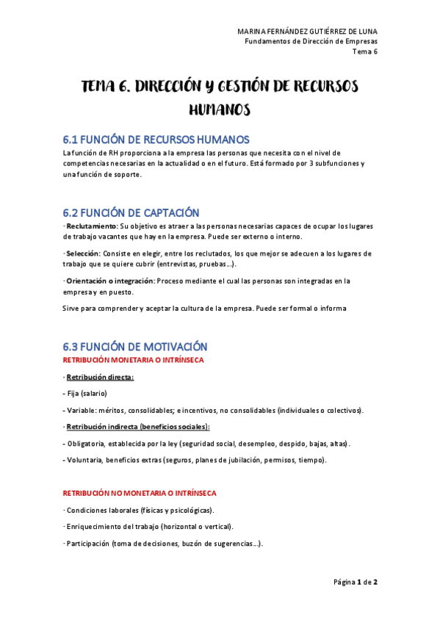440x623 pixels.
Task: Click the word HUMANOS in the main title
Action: point(220,109)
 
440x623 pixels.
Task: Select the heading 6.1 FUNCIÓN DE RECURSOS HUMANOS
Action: point(156,140)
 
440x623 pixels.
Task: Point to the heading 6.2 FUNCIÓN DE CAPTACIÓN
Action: point(131,213)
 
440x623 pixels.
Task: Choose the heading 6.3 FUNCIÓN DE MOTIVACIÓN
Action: point(135,346)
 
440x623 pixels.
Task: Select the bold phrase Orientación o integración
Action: point(110,281)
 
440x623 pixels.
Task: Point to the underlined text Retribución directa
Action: point(100,378)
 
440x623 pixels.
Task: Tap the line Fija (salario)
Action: point(87,394)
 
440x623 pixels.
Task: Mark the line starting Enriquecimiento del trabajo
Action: point(149,527)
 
